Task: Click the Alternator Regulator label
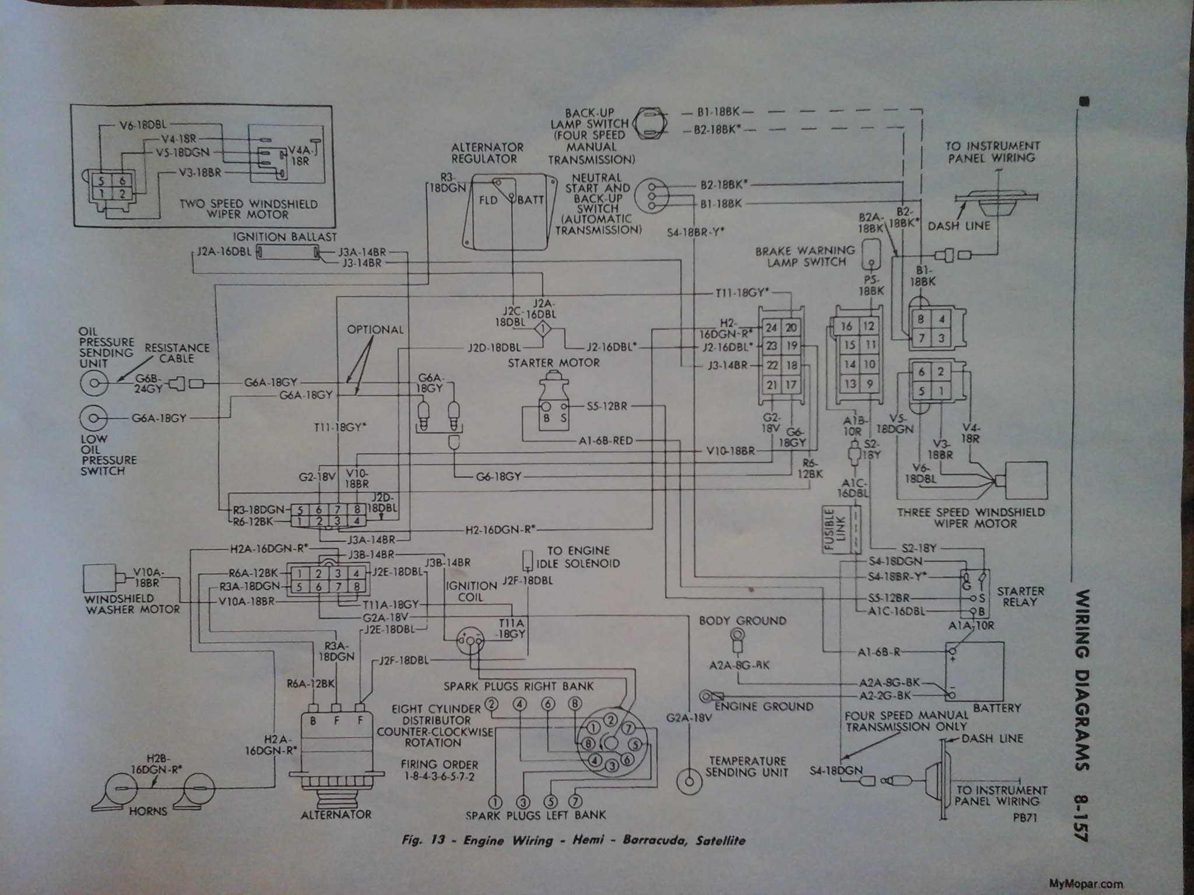(x=487, y=153)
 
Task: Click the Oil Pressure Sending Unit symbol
(x=93, y=383)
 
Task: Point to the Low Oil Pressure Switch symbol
(x=93, y=418)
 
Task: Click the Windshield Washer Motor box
(x=101, y=579)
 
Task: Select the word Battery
(x=996, y=709)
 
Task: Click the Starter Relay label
(x=1020, y=597)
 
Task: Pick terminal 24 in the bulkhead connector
(x=771, y=327)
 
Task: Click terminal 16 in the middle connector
(x=847, y=326)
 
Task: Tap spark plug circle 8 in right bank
(x=574, y=704)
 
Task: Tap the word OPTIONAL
(x=375, y=330)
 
